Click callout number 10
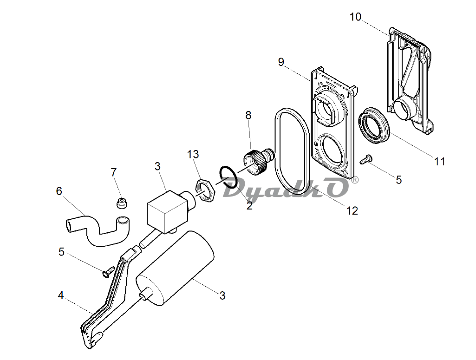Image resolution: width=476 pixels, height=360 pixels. click(x=355, y=17)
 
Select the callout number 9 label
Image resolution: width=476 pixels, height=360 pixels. click(x=281, y=62)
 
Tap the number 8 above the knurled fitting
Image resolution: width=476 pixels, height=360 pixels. click(x=248, y=115)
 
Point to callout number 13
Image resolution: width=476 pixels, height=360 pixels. click(x=193, y=155)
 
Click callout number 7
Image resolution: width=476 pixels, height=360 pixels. click(x=114, y=172)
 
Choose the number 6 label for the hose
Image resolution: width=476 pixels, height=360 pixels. click(x=59, y=191)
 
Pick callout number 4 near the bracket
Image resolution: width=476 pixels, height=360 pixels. click(x=61, y=295)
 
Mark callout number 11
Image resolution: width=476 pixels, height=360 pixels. click(x=439, y=161)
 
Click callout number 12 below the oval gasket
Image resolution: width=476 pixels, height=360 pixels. click(x=352, y=210)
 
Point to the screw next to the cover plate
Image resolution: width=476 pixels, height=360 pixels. click(x=366, y=159)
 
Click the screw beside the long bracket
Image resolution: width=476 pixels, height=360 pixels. click(x=108, y=271)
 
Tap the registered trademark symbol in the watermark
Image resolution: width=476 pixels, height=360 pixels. click(x=354, y=180)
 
